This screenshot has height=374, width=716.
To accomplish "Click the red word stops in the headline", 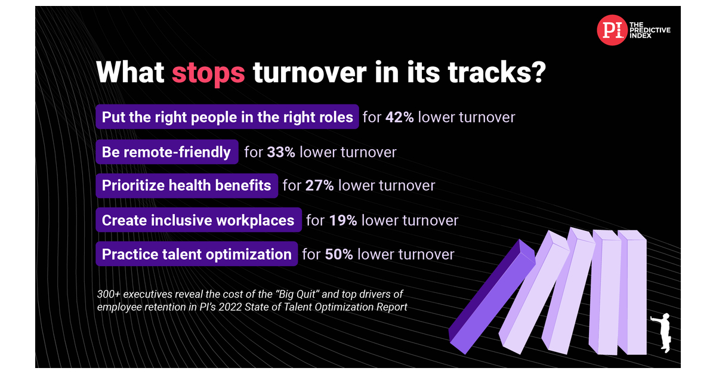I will (x=208, y=72).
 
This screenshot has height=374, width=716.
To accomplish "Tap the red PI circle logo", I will (x=612, y=30).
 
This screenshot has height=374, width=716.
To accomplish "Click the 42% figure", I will (x=399, y=117).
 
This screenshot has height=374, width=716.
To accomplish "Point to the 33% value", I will (x=280, y=152).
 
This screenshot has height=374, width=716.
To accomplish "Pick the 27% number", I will (x=319, y=186).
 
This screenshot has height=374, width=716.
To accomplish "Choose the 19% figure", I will (x=342, y=220).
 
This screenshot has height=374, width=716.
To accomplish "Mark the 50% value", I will (x=339, y=255).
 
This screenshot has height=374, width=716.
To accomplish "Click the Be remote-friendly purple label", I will (x=166, y=152).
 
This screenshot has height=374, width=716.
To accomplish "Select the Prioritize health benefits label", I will (x=186, y=186).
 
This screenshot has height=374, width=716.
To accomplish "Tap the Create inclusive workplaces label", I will (x=198, y=220).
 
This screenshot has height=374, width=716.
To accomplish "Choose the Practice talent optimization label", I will (x=196, y=255).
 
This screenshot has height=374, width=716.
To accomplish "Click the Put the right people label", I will (x=227, y=117).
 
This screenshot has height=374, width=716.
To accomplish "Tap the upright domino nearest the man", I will (x=632, y=292).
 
